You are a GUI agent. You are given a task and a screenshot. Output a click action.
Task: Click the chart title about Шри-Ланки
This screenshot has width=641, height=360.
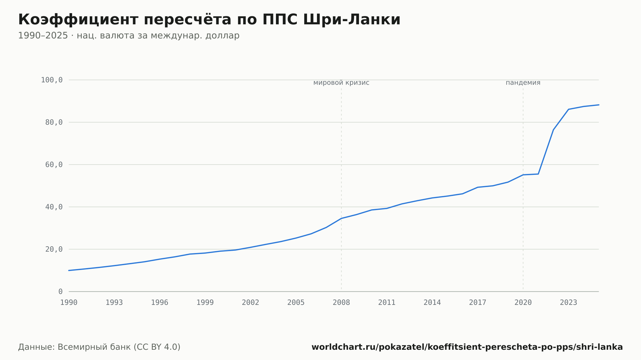pyautogui.click(x=209, y=20)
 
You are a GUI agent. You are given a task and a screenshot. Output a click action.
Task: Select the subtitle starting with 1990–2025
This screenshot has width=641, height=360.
pyautogui.click(x=129, y=36)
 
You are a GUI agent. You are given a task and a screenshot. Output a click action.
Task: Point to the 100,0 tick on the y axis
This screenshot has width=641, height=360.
pyautogui.click(x=52, y=80)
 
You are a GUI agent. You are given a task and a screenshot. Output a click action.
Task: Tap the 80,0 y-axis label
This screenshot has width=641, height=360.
pyautogui.click(x=54, y=122)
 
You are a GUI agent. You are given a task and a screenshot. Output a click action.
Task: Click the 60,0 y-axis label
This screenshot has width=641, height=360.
pyautogui.click(x=54, y=165)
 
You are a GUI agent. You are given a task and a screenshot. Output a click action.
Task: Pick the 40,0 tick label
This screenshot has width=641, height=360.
pyautogui.click(x=54, y=207)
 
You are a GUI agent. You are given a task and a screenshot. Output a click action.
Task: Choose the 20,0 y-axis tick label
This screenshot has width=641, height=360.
pyautogui.click(x=54, y=249)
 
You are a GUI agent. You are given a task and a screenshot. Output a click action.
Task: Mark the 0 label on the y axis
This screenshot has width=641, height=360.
pyautogui.click(x=61, y=291)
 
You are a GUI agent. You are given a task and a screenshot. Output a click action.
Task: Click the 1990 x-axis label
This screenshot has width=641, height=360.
pyautogui.click(x=69, y=303)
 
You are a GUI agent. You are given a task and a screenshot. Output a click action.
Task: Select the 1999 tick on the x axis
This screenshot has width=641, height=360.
pyautogui.click(x=205, y=303)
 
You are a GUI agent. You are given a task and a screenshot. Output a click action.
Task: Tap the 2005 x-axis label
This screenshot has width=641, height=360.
pyautogui.click(x=296, y=303)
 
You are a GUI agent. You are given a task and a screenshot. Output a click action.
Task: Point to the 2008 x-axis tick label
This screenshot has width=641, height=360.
pyautogui.click(x=341, y=303)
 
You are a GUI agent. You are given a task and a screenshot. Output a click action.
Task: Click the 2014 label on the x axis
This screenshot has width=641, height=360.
pyautogui.click(x=432, y=303)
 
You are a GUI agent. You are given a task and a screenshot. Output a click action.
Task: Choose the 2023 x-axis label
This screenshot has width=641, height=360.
pyautogui.click(x=569, y=303)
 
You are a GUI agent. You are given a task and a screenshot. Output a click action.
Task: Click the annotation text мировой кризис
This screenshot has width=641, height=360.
pyautogui.click(x=341, y=83)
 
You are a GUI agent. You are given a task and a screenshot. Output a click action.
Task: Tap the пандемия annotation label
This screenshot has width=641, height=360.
pyautogui.click(x=523, y=83)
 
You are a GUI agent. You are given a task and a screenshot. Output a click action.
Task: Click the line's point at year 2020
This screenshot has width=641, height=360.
pyautogui.click(x=523, y=175)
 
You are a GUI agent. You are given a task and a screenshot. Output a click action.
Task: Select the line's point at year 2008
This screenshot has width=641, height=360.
pyautogui.click(x=341, y=218)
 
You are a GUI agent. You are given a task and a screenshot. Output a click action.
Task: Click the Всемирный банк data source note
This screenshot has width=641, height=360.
pyautogui.click(x=99, y=347)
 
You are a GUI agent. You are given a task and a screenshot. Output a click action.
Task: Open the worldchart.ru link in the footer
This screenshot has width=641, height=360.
pyautogui.click(x=467, y=347)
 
